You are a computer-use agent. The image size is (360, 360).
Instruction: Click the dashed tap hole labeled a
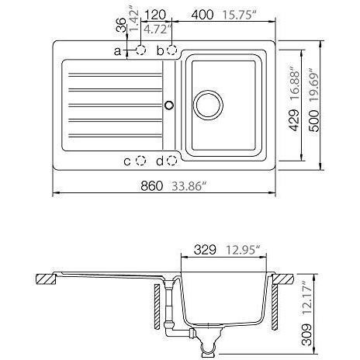pos(141,50)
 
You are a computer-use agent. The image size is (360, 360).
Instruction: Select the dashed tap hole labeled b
pos(171,50)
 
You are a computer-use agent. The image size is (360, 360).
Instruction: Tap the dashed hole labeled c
pos(141,161)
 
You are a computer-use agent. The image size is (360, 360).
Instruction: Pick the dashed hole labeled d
pos(171,161)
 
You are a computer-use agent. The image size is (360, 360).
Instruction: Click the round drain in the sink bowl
pos(208,105)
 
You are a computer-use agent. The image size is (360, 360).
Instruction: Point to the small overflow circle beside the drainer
pos(169,105)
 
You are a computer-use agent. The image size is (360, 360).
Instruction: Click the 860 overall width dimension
pos(152,185)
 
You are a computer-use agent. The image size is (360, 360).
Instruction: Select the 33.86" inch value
pos(190,186)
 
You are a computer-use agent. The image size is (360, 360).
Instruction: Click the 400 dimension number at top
pos(202,15)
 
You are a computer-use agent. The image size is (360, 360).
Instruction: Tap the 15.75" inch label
pos(239,15)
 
